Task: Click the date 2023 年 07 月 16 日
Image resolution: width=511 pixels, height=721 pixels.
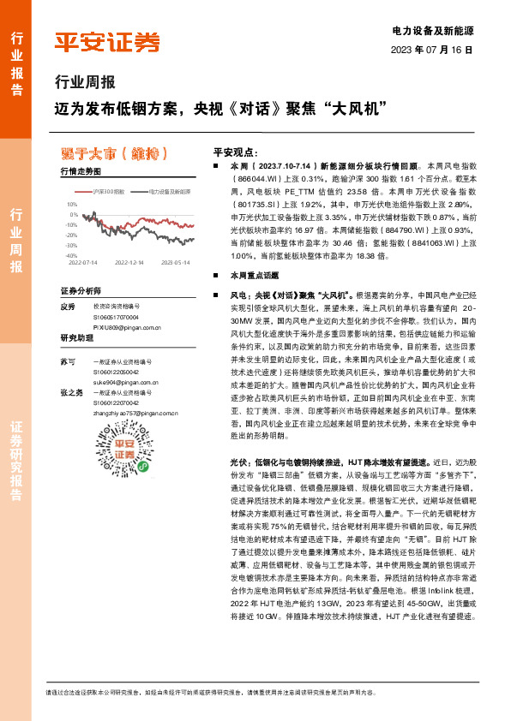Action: [432, 51]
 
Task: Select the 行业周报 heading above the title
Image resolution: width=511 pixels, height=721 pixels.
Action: [84, 84]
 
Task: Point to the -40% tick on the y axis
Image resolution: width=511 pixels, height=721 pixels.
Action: [70, 255]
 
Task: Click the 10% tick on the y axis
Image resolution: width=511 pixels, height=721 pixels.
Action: [72, 205]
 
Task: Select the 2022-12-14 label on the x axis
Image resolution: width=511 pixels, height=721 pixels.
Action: [131, 263]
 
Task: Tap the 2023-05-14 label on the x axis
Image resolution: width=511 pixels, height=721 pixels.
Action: [177, 263]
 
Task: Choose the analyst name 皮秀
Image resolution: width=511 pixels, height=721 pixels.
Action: [69, 307]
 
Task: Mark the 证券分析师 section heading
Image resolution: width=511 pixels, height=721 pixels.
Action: [81, 291]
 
